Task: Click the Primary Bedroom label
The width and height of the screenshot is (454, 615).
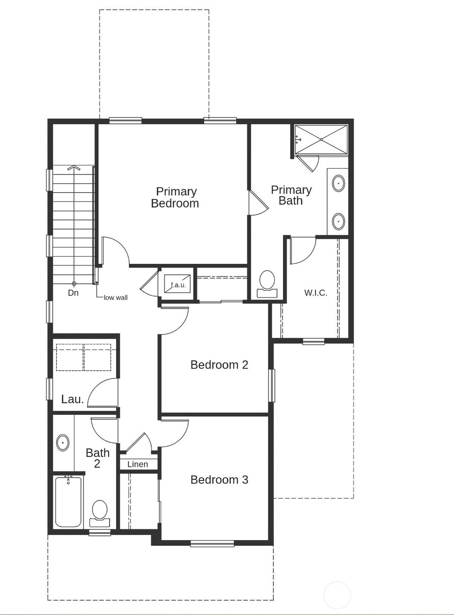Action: [175, 197]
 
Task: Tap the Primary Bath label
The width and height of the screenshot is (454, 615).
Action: [291, 195]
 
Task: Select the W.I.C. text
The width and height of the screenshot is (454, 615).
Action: [316, 293]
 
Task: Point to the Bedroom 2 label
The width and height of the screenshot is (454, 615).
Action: [219, 365]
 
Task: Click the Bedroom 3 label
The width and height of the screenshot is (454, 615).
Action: [219, 480]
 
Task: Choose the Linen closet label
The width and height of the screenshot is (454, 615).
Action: [138, 464]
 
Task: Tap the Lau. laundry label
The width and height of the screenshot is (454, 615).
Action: [72, 399]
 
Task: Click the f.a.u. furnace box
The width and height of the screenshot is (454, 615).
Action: [177, 284]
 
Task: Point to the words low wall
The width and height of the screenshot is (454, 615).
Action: [116, 298]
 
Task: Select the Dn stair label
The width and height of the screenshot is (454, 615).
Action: [73, 293]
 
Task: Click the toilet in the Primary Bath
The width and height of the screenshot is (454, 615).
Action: [267, 284]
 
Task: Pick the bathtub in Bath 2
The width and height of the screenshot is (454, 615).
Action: [68, 501]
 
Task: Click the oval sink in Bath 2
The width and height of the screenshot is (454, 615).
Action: [63, 442]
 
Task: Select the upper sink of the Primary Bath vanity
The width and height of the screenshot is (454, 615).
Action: [338, 183]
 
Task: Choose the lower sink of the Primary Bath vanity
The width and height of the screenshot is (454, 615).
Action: [338, 221]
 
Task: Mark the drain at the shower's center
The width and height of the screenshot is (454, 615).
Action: [321, 139]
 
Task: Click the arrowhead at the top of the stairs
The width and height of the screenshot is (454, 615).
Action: [74, 168]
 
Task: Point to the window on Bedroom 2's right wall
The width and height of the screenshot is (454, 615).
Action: [272, 385]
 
